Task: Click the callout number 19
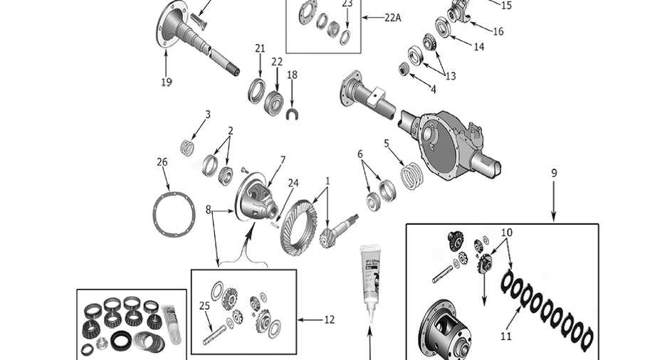point(166,82)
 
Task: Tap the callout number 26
point(162,162)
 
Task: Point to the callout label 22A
point(392,18)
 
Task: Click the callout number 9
point(554,173)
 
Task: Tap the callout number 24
point(293,183)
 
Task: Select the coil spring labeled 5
point(411,176)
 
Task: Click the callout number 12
point(329,320)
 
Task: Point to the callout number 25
point(204,306)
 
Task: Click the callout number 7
point(283,160)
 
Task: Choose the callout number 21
point(260,48)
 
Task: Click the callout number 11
point(505,337)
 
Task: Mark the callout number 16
point(498,32)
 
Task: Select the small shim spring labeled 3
point(187,147)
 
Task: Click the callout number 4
point(433,89)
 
